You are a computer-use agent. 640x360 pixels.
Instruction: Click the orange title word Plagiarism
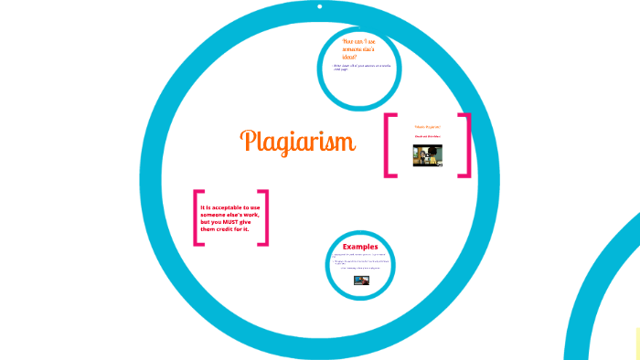298,142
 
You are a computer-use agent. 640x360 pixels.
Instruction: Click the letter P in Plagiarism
247,141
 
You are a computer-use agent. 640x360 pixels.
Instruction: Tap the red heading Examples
360,247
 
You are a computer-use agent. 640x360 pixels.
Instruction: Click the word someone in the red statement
220,215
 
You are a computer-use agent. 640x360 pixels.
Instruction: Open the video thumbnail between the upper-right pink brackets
428,154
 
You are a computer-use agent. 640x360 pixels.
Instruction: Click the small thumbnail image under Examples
362,281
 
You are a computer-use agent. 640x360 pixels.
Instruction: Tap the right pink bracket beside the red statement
265,217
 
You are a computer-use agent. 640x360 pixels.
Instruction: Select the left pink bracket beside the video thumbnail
390,144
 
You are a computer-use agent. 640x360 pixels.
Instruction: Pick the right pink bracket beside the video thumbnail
466,144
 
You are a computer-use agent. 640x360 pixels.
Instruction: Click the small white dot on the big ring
319,6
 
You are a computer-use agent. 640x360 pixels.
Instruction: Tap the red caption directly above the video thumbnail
428,136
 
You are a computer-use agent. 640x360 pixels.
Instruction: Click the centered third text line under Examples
362,269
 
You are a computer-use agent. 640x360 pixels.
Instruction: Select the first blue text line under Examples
362,255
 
